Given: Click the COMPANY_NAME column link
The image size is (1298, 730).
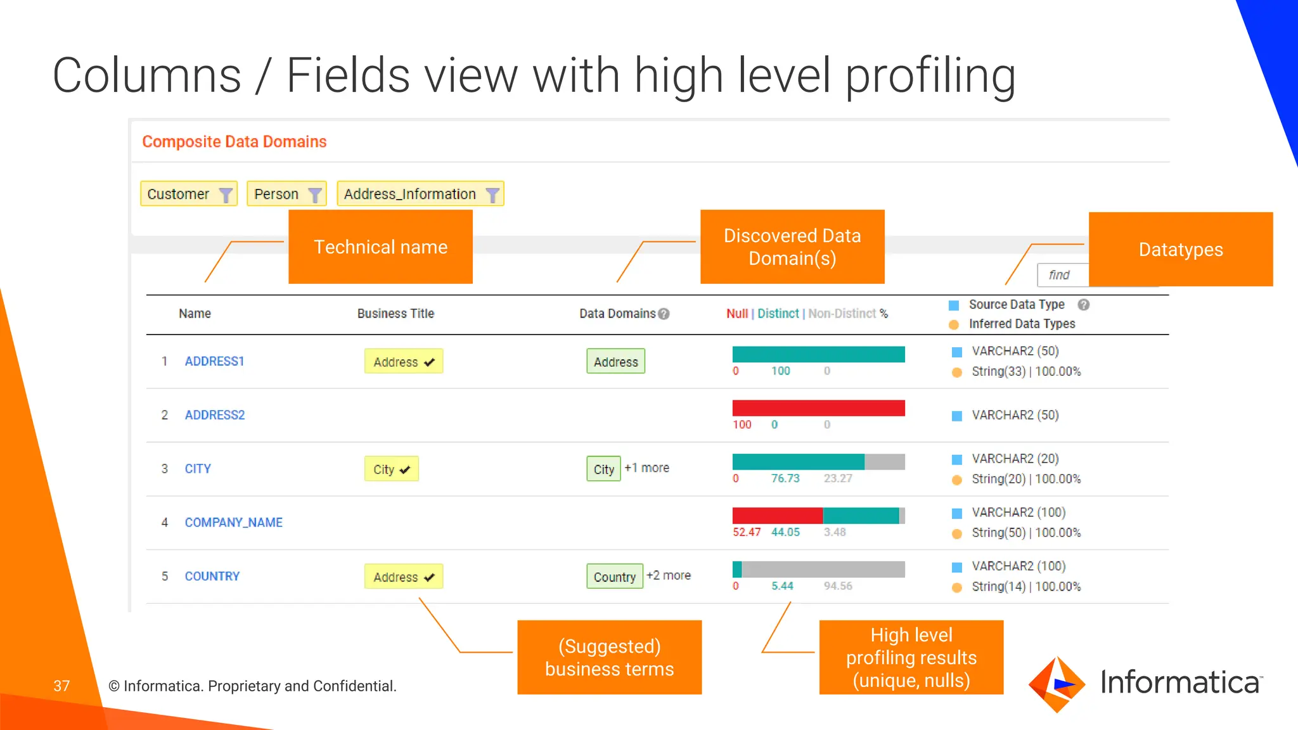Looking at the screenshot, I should click(233, 522).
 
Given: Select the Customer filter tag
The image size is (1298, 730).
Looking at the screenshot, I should click(179, 194).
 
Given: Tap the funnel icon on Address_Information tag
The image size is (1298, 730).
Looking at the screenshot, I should click(492, 195).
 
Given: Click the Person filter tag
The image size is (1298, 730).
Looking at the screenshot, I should click(276, 194).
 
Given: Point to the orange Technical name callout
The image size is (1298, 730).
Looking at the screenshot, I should click(380, 247).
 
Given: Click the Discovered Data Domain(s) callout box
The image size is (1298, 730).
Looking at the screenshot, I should click(792, 247).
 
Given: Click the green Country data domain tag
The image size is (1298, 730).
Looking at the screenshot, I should click(614, 577).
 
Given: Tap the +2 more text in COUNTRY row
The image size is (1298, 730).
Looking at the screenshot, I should click(669, 575).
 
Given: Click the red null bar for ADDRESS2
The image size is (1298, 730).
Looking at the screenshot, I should click(818, 408).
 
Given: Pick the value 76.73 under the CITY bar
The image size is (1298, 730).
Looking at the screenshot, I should click(785, 478).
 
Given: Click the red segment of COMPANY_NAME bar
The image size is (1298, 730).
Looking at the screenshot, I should click(777, 516).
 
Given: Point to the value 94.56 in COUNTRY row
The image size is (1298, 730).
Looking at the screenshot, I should click(838, 586).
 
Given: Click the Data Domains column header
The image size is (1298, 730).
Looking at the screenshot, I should click(617, 314).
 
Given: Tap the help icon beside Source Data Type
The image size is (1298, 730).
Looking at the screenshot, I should click(1084, 305).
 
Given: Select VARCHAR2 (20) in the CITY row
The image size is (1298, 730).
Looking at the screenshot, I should click(1015, 459).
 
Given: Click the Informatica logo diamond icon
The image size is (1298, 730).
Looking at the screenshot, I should click(1057, 684).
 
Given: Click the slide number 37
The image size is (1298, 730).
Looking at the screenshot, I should click(61, 686).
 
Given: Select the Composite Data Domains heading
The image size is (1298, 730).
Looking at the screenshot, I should click(234, 141).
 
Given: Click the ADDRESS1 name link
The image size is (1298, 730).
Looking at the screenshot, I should click(214, 361).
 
